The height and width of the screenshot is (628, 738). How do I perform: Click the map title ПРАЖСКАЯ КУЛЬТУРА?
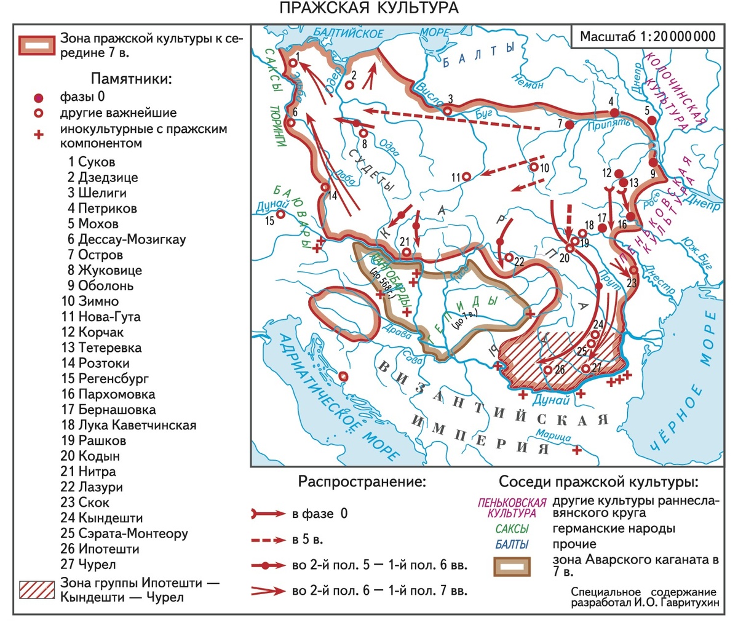(369, 8)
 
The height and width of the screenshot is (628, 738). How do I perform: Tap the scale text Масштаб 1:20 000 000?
(648, 36)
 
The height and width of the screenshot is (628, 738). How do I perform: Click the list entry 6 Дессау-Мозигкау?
(126, 239)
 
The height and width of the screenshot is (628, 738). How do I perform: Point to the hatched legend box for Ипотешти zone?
(37, 589)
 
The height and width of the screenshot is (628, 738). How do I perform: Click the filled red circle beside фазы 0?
(39, 98)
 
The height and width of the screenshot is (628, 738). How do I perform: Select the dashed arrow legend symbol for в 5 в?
(269, 540)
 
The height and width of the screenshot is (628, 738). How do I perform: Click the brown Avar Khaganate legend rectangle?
(512, 566)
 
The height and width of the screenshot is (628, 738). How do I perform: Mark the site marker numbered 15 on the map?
(280, 214)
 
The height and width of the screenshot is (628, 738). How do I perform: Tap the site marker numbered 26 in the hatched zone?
(547, 370)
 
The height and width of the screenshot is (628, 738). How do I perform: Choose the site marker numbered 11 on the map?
(467, 177)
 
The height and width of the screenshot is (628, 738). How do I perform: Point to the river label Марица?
(552, 435)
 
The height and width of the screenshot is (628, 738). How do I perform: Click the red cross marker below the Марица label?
(576, 451)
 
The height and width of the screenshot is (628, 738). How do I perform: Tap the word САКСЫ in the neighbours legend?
(512, 528)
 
